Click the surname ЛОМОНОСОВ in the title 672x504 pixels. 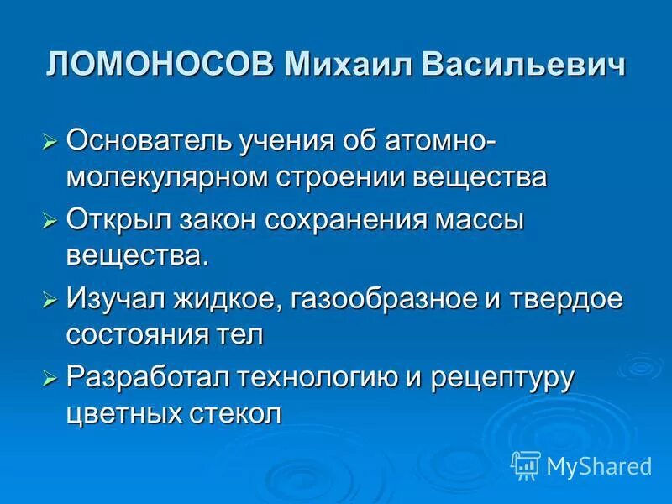pyautogui.click(x=160, y=66)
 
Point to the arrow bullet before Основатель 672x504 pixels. pyautogui.click(x=50, y=140)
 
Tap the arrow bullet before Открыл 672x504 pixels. pyautogui.click(x=50, y=221)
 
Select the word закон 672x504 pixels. pyautogui.click(x=219, y=220)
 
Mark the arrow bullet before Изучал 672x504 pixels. pyautogui.click(x=50, y=298)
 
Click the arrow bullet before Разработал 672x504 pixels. pyautogui.click(x=50, y=377)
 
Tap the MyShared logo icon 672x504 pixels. pyautogui.click(x=526, y=465)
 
